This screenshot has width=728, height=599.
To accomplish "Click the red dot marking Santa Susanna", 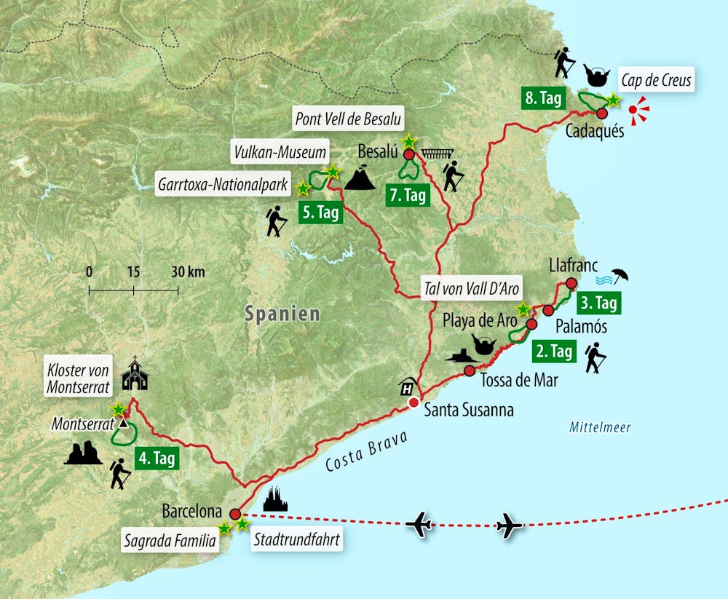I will [x=414, y=402].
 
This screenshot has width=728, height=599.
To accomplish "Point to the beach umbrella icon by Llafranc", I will [x=620, y=276].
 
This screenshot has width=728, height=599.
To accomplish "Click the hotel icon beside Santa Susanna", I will [x=408, y=384].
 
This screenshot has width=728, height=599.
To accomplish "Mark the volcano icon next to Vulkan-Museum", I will [x=360, y=178].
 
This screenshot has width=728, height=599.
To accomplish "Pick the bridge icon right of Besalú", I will [x=437, y=154].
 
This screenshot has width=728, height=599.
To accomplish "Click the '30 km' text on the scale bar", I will [x=187, y=272].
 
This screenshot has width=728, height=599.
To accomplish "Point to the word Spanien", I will [x=282, y=314].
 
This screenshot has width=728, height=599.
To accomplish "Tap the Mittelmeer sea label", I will [x=600, y=427].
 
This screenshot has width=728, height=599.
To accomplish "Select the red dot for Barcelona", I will [x=234, y=512].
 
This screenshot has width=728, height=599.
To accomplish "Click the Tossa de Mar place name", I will [x=519, y=378].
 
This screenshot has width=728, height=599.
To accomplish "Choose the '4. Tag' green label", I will [x=157, y=459].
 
